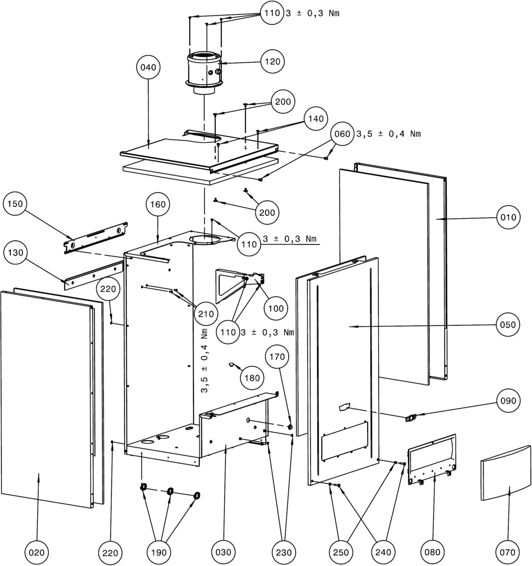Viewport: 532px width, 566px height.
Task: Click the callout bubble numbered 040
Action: click(148, 67)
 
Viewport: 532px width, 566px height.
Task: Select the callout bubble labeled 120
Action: click(272, 62)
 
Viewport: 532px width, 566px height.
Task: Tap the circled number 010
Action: click(508, 217)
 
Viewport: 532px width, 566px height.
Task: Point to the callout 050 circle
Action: click(508, 325)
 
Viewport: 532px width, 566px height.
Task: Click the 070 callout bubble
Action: click(507, 552)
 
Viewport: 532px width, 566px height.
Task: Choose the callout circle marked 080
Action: click(432, 552)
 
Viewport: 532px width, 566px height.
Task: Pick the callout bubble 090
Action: click(508, 401)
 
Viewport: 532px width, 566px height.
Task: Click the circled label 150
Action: click(15, 204)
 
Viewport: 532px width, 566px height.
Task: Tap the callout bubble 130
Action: click(15, 253)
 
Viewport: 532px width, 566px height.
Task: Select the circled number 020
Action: click(37, 553)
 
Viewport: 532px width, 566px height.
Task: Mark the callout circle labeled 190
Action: click(159, 553)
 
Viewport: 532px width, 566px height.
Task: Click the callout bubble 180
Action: click(252, 378)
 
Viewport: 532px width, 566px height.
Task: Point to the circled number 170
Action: click(277, 357)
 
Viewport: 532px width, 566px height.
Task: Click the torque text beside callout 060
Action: click(388, 134)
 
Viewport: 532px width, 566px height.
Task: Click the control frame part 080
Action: click(432, 461)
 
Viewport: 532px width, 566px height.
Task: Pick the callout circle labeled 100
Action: click(276, 308)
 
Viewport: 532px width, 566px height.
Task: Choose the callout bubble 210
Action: click(206, 314)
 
